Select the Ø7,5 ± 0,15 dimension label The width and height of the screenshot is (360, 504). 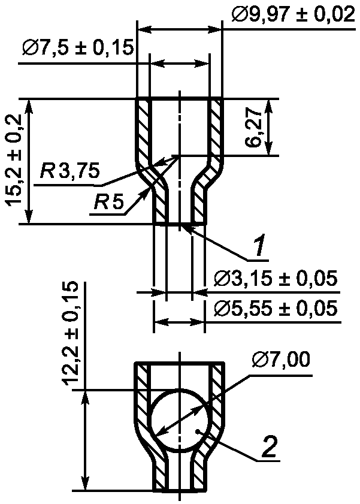(78, 48)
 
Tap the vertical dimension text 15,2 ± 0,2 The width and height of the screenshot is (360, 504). (14, 160)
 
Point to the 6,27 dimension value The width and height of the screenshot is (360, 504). (255, 128)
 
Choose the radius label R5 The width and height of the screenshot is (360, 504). (108, 203)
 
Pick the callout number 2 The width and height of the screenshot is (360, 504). (269, 446)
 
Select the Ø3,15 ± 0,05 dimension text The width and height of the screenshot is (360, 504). (276, 279)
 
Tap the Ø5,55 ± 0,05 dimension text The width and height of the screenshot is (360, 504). (276, 309)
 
